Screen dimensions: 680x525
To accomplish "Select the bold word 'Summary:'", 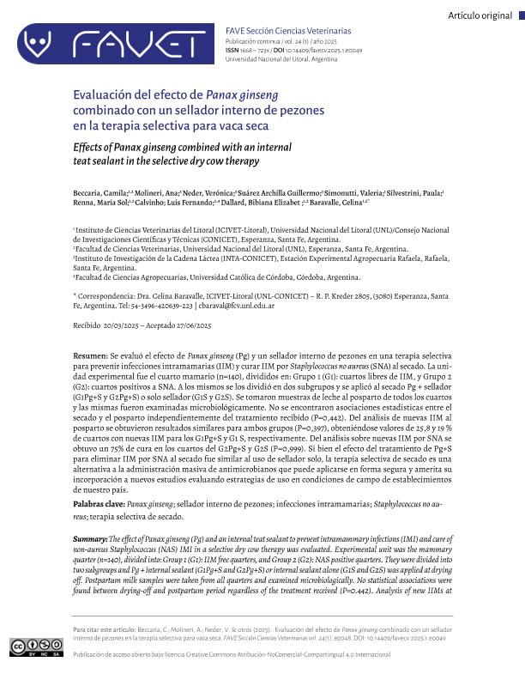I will point(91,538).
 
